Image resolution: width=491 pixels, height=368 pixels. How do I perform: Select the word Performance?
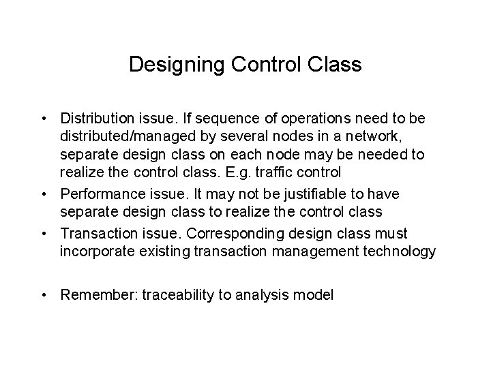tap(98, 196)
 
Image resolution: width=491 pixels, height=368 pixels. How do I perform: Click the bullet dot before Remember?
tap(43, 295)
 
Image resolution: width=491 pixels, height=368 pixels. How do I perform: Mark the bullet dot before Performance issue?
tap(43, 196)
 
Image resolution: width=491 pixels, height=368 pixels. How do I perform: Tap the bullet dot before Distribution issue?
tap(43, 119)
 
